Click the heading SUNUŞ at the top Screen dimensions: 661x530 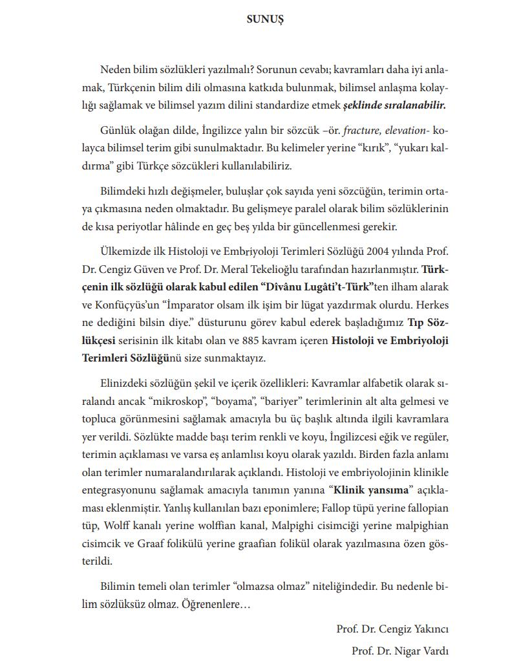coord(265,19)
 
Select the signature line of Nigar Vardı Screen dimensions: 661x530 coord(400,650)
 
